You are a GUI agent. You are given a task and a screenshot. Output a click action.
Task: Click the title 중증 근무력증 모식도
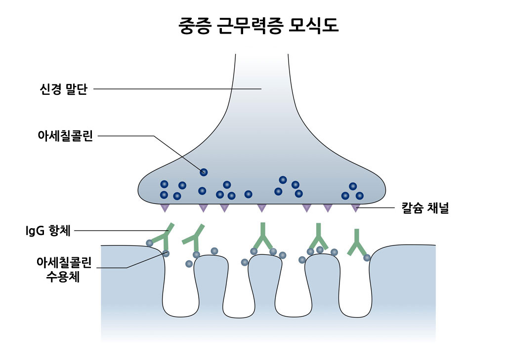pyautogui.click(x=258, y=26)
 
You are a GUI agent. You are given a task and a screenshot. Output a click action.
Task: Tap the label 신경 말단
pyautogui.click(x=63, y=89)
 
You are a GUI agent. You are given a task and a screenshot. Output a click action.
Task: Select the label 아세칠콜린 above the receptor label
pyautogui.click(x=65, y=136)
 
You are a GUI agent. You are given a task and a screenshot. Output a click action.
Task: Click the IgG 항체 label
pyautogui.click(x=49, y=230)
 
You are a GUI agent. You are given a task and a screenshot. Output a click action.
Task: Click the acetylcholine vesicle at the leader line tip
pyautogui.click(x=204, y=172)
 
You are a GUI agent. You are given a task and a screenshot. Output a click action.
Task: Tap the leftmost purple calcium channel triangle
pyautogui.click(x=164, y=207)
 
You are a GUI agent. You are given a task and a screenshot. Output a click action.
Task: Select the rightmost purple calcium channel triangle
pyautogui.click(x=355, y=207)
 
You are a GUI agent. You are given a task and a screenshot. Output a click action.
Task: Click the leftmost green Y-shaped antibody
pyautogui.click(x=164, y=236)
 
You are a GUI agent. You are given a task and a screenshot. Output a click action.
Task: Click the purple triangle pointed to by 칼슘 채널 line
pyautogui.click(x=355, y=207)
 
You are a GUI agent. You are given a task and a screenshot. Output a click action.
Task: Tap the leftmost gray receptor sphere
pyautogui.click(x=149, y=242)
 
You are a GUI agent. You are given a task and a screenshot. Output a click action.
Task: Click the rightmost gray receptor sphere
pyautogui.click(x=367, y=257)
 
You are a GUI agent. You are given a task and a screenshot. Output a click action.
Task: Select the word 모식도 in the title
pyautogui.click(x=315, y=26)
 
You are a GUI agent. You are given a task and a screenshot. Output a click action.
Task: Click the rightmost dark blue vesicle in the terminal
pyautogui.click(x=359, y=196)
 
